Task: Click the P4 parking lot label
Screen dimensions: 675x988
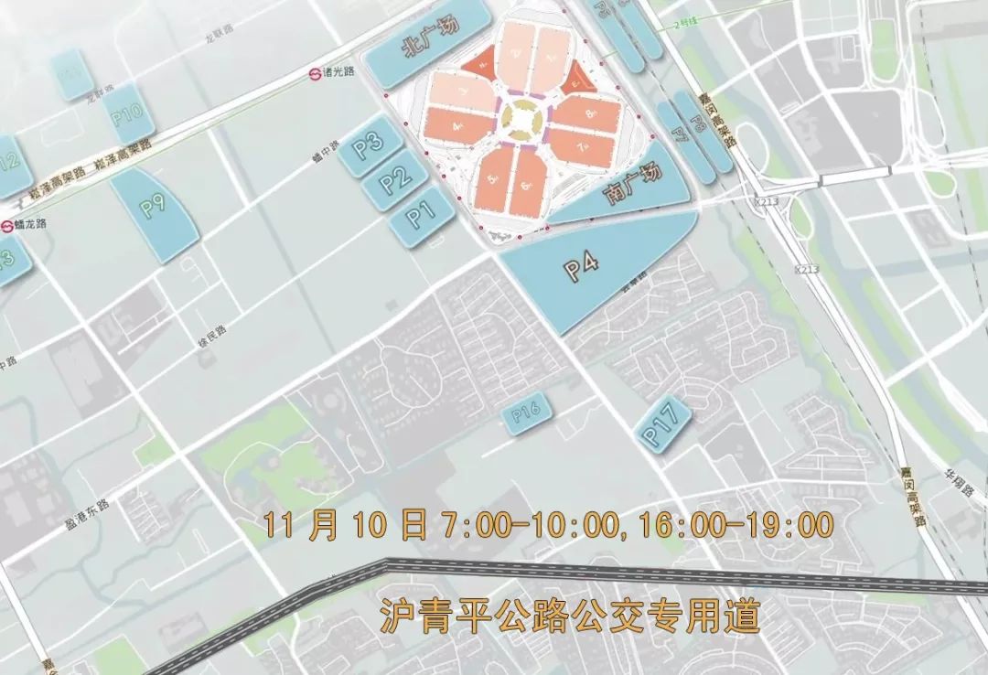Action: click(x=580, y=266)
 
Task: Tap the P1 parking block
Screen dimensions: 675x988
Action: click(x=420, y=216)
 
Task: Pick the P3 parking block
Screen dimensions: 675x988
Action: click(x=370, y=147)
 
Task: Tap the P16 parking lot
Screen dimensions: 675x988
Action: click(x=527, y=416)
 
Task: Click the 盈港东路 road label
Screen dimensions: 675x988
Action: click(x=88, y=504)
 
